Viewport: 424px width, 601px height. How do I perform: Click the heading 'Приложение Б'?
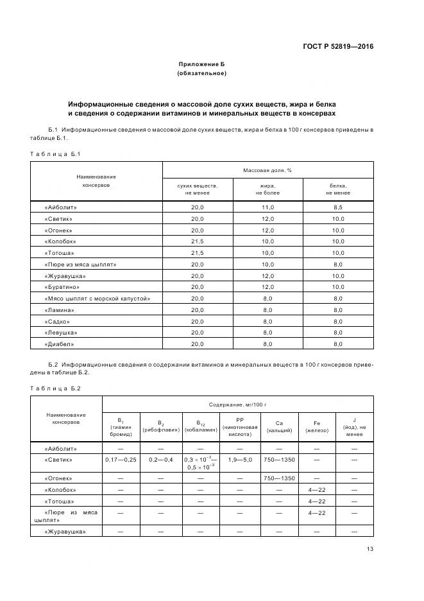tap(201, 64)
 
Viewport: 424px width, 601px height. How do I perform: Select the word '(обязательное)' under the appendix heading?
tap(201, 73)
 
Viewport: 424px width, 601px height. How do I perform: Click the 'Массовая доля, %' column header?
tap(267, 170)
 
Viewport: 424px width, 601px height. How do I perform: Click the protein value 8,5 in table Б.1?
tap(338, 207)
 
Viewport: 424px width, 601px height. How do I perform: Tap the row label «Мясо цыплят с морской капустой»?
tap(98, 299)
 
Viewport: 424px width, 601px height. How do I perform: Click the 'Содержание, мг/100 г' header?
tap(237, 405)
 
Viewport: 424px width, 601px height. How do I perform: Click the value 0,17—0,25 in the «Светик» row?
tap(121, 460)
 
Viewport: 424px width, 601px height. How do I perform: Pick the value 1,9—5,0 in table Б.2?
tap(240, 460)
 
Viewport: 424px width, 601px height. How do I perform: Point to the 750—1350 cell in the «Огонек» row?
tap(279, 478)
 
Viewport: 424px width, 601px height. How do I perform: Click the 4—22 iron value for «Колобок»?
tap(317, 490)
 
